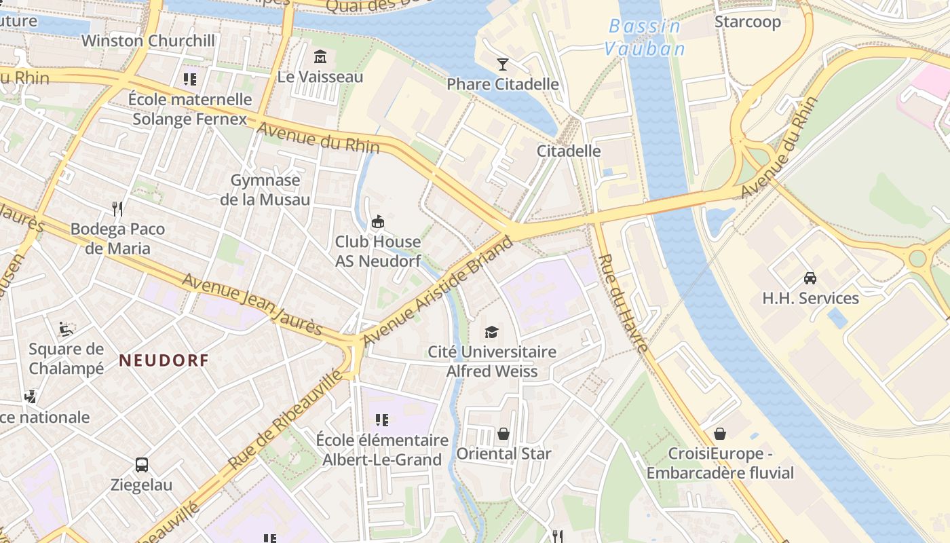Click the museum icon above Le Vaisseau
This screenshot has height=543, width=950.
(x=320, y=56)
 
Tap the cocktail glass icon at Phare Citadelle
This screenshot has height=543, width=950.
(x=502, y=64)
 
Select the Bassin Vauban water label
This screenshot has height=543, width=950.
(x=645, y=37)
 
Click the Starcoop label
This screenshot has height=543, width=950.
(x=748, y=22)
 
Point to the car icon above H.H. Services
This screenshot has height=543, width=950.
(x=810, y=278)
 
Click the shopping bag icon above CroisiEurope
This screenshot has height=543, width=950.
(x=720, y=433)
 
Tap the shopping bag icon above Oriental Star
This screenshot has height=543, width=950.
(x=503, y=433)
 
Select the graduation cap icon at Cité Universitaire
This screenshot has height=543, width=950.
(x=491, y=332)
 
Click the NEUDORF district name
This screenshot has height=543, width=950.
(x=164, y=360)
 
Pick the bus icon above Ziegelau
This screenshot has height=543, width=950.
(x=141, y=465)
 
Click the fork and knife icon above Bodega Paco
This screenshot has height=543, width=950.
(x=117, y=208)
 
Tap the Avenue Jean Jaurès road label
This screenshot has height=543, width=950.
(x=252, y=305)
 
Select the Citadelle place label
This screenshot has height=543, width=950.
(x=569, y=151)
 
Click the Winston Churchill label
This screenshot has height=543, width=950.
(x=148, y=41)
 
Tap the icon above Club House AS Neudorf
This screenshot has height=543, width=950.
(x=378, y=221)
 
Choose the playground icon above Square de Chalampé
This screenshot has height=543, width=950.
(x=66, y=329)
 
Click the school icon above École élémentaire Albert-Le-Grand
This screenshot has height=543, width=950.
(x=382, y=420)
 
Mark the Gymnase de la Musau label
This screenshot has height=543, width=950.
(x=265, y=190)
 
